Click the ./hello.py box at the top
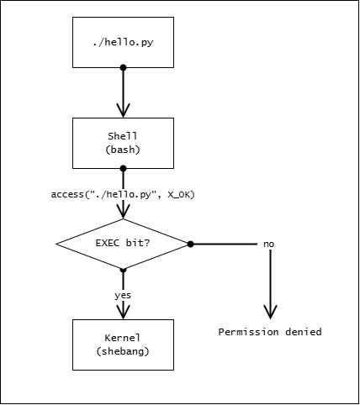pyautogui.click(x=123, y=42)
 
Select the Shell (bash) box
pyautogui.click(x=123, y=143)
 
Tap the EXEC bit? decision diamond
pyautogui.click(x=123, y=244)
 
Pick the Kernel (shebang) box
pyautogui.click(x=123, y=345)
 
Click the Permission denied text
pyautogui.click(x=270, y=332)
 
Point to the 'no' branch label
pyautogui.click(x=268, y=245)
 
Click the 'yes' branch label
pyautogui.click(x=123, y=296)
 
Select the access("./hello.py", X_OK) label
pyautogui.click(x=123, y=194)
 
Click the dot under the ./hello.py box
pyautogui.click(x=123, y=67)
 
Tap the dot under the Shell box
pyautogui.click(x=123, y=168)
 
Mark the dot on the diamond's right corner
pyautogui.click(x=190, y=244)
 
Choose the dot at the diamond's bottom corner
pyautogui.click(x=123, y=269)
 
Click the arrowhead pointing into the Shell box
pyautogui.click(x=123, y=110)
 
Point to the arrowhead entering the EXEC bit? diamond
pyautogui.click(x=123, y=212)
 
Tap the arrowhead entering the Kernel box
pyautogui.click(x=123, y=312)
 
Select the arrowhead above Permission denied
pyautogui.click(x=270, y=312)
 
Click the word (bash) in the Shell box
pyautogui.click(x=123, y=150)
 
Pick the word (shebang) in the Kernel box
pyautogui.click(x=123, y=351)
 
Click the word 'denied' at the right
pyautogui.click(x=304, y=332)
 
